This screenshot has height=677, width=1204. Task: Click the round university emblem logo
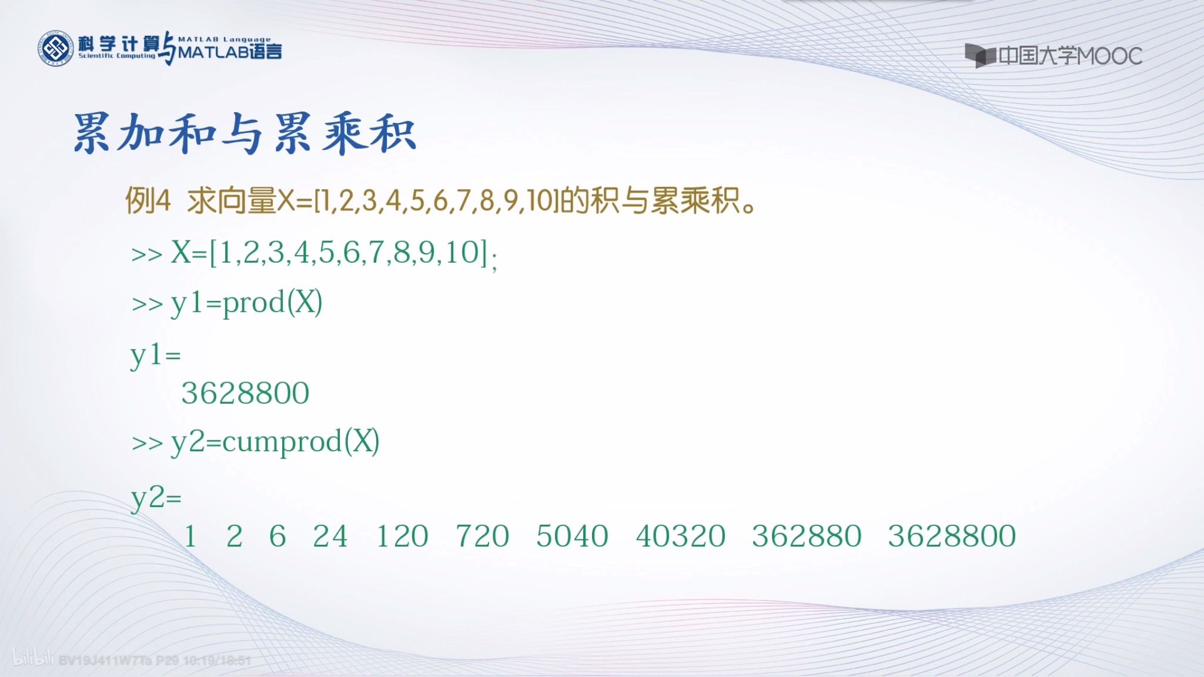[56, 48]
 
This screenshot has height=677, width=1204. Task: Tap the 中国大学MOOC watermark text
[1069, 56]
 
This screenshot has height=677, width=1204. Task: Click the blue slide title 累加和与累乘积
[245, 133]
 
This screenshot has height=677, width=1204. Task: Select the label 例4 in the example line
[148, 201]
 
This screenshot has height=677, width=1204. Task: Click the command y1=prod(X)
[246, 304]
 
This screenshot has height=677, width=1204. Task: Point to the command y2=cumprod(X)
[275, 442]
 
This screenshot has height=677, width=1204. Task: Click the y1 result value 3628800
[245, 393]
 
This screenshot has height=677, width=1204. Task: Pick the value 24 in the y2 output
[330, 536]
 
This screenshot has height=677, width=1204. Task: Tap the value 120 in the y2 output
[402, 536]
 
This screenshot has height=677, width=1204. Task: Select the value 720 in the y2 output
[482, 536]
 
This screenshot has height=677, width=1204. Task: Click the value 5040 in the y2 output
[572, 536]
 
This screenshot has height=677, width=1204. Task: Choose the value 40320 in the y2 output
[680, 536]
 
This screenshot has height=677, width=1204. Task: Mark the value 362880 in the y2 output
[807, 536]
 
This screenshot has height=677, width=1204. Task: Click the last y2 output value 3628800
[952, 536]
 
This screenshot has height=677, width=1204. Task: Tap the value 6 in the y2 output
[277, 536]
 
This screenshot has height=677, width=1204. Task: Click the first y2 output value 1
[190, 536]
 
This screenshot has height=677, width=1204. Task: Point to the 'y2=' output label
[156, 499]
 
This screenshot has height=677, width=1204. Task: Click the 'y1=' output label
[155, 356]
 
